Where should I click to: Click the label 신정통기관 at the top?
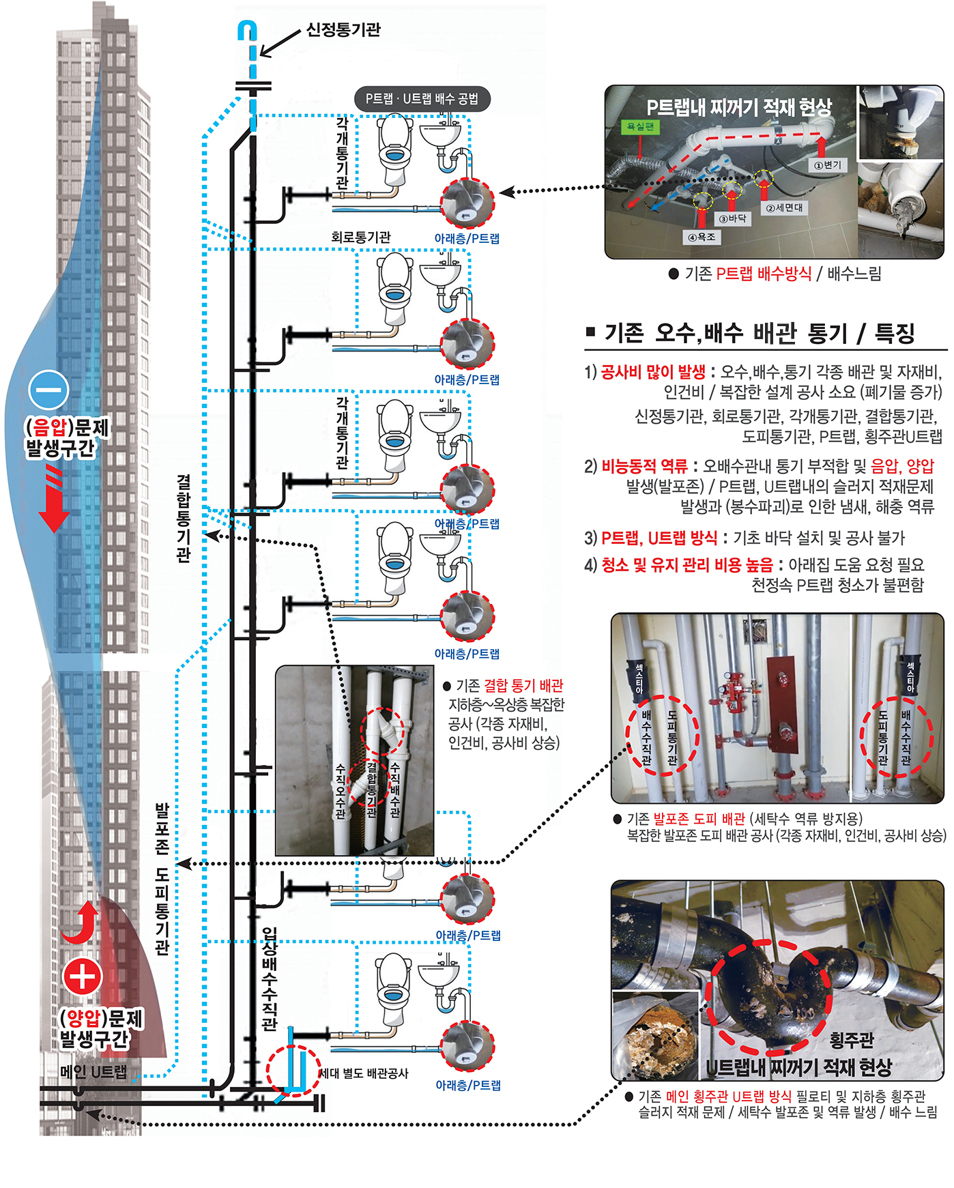343,29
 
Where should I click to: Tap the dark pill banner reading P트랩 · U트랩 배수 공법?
422,99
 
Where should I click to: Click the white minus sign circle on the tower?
49,390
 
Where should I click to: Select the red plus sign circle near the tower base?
83,976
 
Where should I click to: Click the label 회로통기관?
361,237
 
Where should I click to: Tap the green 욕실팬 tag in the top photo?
640,126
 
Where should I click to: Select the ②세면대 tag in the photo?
785,207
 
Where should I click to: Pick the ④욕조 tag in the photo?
702,237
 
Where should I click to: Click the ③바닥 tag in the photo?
732,218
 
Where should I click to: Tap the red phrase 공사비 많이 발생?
653,372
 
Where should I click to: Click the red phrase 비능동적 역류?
644,467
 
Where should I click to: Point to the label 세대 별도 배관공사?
364,1073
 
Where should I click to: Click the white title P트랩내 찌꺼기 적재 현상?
739,106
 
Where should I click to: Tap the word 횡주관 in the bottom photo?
851,1040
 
